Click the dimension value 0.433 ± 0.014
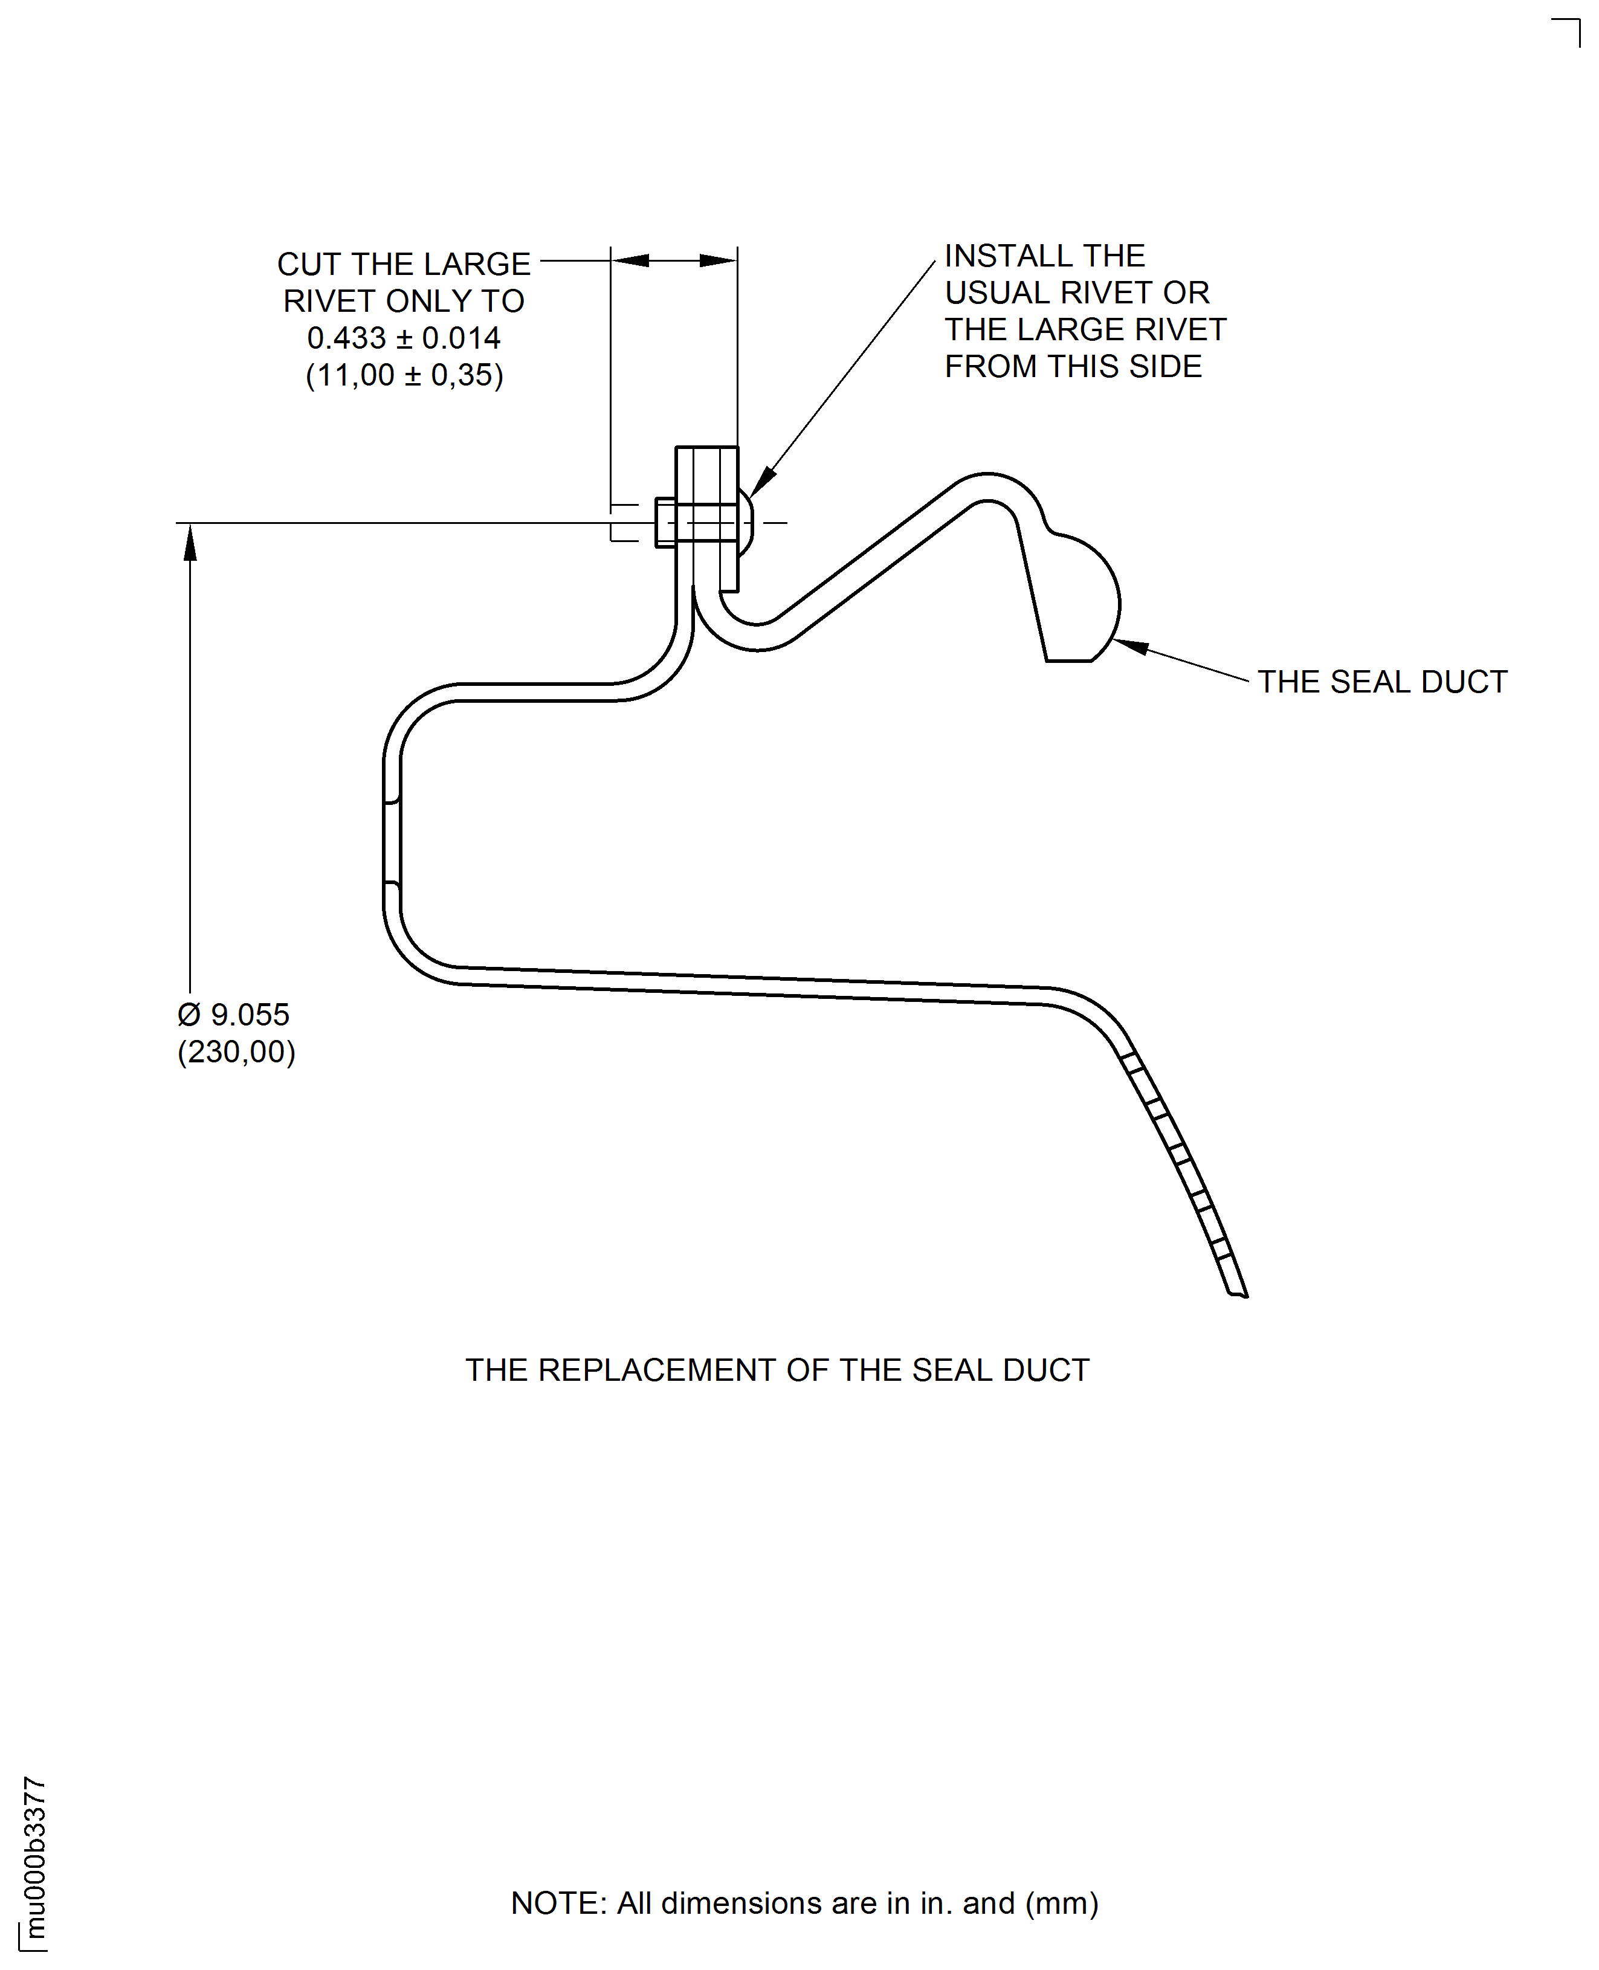tap(404, 338)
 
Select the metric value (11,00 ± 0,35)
tap(404, 375)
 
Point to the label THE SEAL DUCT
tap(1381, 682)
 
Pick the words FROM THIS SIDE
tap(1073, 367)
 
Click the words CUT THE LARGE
tap(404, 264)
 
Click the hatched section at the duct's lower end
tap(1184, 1170)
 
